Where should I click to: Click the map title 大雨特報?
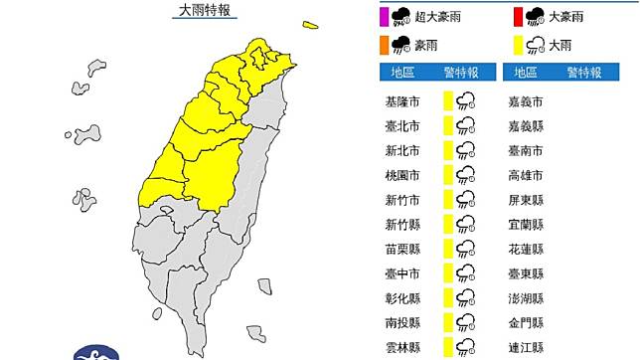(x=204, y=11)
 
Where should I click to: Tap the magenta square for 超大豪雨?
(x=385, y=15)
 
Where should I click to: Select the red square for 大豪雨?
(x=519, y=15)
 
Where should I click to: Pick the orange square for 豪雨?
(x=385, y=43)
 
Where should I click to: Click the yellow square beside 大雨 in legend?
(x=519, y=43)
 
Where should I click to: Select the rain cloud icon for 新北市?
(x=466, y=150)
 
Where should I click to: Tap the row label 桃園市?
(x=402, y=175)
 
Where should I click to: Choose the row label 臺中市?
(x=402, y=272)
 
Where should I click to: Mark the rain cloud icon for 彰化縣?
(x=466, y=296)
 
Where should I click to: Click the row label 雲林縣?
(x=402, y=345)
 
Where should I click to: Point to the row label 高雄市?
(x=524, y=175)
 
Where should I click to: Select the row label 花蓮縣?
(x=524, y=248)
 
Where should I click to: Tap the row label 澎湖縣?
(x=524, y=296)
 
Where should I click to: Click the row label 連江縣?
(x=524, y=345)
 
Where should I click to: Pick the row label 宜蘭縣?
(x=524, y=224)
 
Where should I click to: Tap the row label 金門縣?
(x=524, y=321)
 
